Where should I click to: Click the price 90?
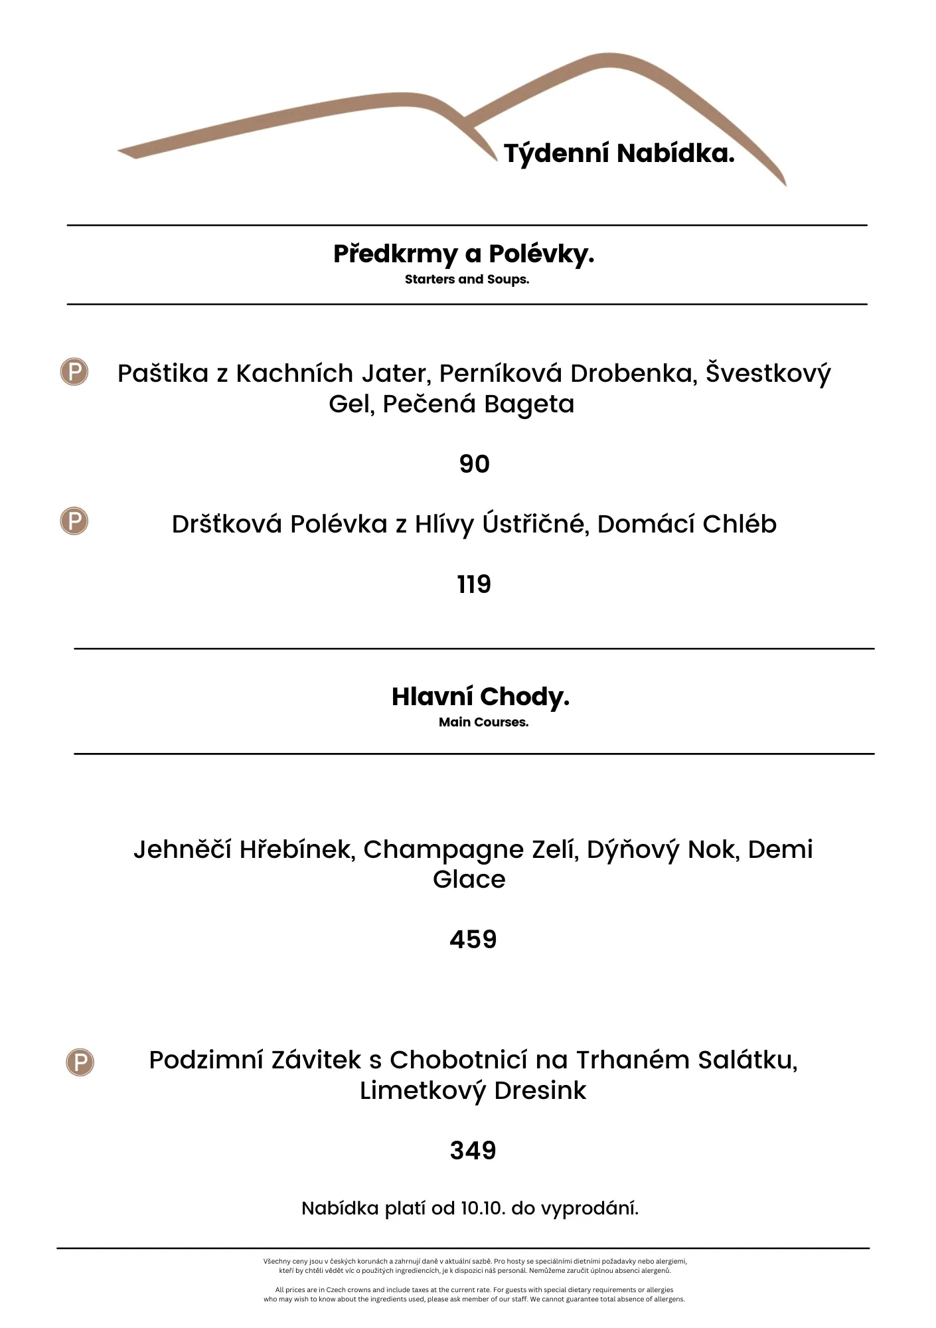[474, 464]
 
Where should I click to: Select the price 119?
[474, 584]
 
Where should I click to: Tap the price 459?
[473, 940]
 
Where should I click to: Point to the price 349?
[473, 1151]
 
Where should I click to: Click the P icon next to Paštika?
[74, 372]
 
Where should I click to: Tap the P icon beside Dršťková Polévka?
[74, 521]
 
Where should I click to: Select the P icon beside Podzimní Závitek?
[80, 1062]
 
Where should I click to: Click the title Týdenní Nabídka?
[619, 153]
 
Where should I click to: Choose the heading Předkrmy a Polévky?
[463, 254]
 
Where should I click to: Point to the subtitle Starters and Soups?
[467, 280]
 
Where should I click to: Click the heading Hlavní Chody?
[481, 697]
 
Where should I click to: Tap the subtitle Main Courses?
[483, 722]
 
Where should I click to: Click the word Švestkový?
[767, 374]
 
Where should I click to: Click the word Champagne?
[444, 850]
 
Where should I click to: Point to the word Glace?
[469, 880]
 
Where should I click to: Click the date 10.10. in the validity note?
[483, 1208]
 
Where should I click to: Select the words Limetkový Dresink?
[473, 1091]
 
